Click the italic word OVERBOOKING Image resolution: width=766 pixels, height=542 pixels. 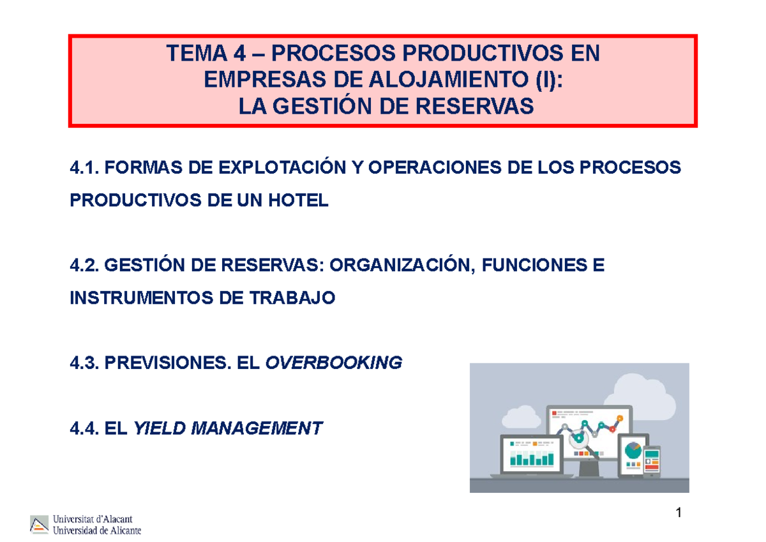(333, 363)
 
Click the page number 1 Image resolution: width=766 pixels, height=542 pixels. (679, 513)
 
